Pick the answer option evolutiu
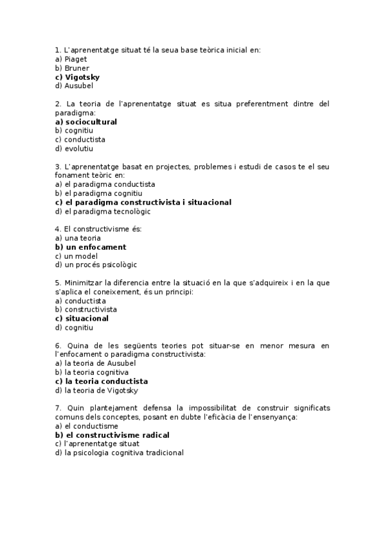pyautogui.click(x=78, y=148)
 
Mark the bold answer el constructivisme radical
pyautogui.click(x=112, y=435)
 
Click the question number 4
pyautogui.click(x=58, y=229)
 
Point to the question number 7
pyautogui.click(x=58, y=408)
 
